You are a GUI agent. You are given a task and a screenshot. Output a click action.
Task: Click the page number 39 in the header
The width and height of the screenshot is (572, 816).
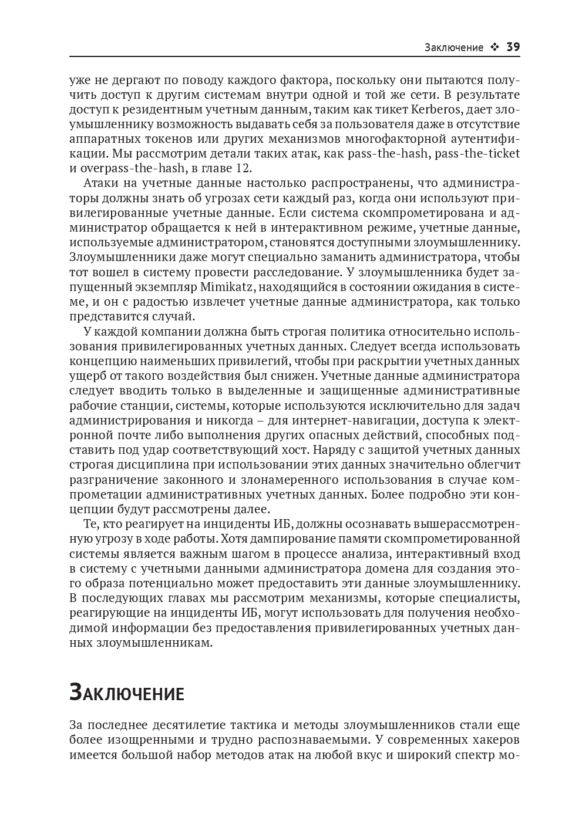[x=513, y=47]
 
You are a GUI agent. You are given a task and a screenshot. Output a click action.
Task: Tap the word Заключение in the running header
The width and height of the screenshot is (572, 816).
[x=454, y=48]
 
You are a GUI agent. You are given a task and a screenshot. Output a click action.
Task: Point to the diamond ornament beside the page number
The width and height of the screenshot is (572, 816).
[x=494, y=48]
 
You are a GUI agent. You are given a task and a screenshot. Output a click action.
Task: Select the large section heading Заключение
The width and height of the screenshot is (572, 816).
[x=126, y=693]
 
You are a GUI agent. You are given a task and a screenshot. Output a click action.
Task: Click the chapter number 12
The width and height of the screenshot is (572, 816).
[x=243, y=168]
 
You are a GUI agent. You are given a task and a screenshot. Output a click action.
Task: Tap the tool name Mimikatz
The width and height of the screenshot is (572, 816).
[x=226, y=287]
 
